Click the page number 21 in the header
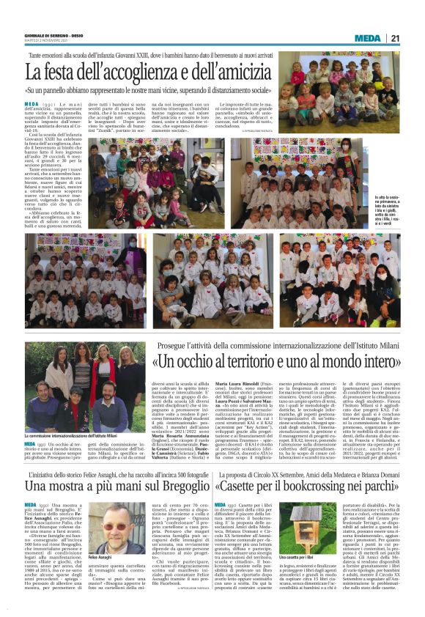[395, 38]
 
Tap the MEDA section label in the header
[367, 38]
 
